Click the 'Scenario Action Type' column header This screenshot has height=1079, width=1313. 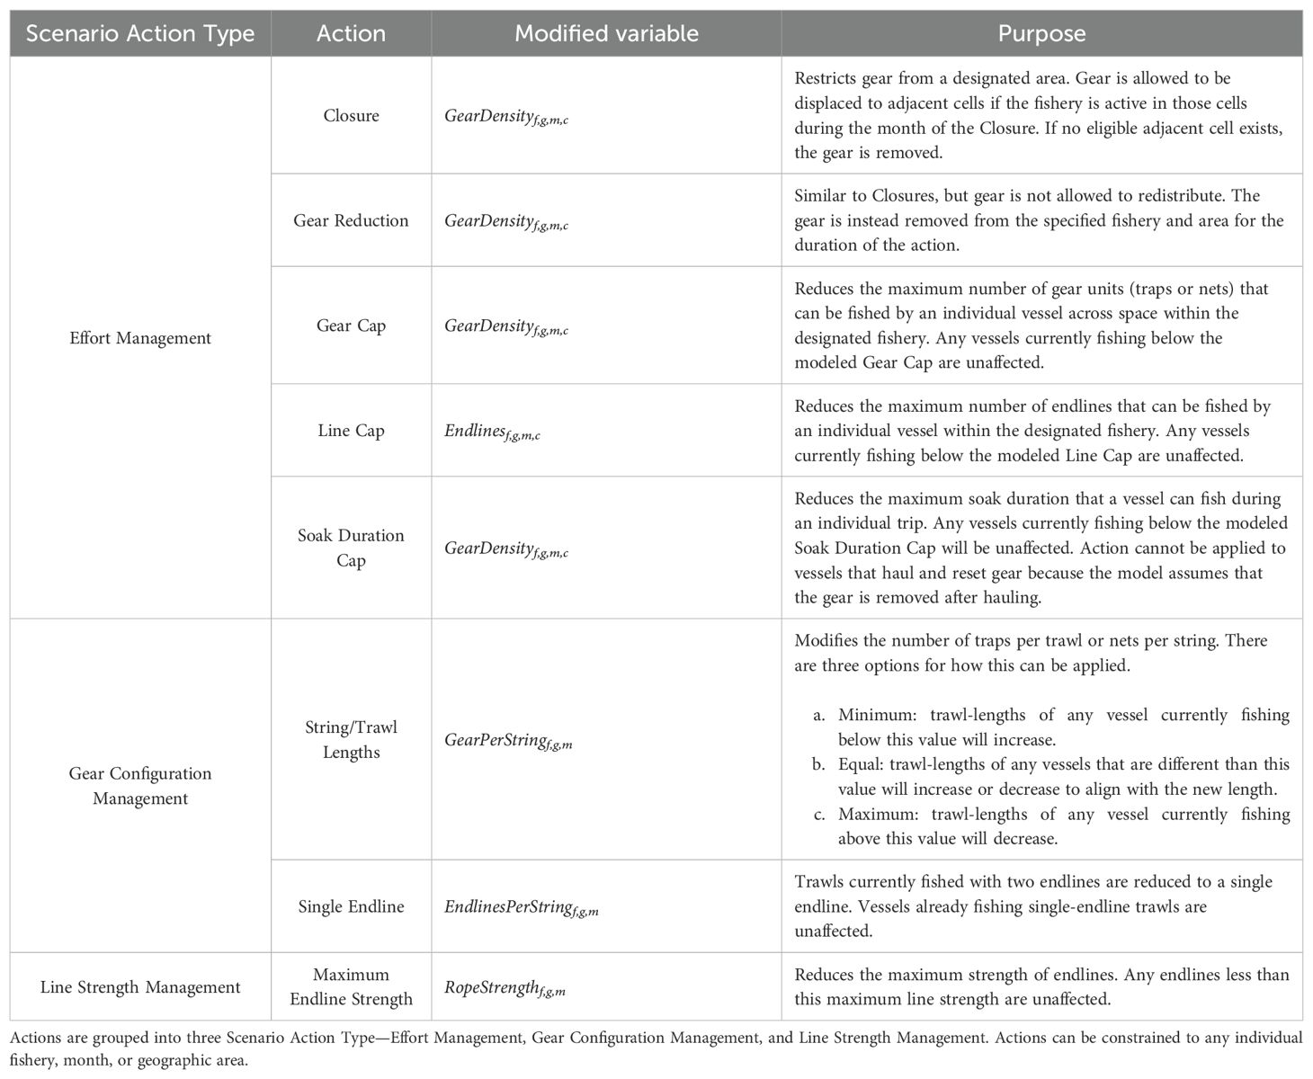tap(140, 34)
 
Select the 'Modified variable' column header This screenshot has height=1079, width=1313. tap(606, 34)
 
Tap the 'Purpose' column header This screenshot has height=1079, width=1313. tap(1041, 34)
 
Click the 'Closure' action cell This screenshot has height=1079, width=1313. tap(351, 116)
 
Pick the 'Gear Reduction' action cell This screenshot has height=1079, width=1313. tap(351, 220)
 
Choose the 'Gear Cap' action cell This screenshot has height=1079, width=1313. tap(351, 325)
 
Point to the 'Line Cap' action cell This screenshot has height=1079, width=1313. tap(351, 431)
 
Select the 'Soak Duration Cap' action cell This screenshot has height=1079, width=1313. tap(351, 548)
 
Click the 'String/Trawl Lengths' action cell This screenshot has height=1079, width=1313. tap(351, 739)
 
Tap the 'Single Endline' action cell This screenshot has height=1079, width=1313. tap(351, 906)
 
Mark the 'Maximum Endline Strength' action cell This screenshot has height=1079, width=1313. tap(351, 986)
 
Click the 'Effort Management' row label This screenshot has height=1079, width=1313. tap(140, 338)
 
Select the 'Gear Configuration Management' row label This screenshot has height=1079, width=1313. tap(140, 786)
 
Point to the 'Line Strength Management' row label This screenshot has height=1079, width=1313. tap(140, 987)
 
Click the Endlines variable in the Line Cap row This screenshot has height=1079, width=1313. tap(492, 432)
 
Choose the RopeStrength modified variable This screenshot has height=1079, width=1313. tap(505, 989)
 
